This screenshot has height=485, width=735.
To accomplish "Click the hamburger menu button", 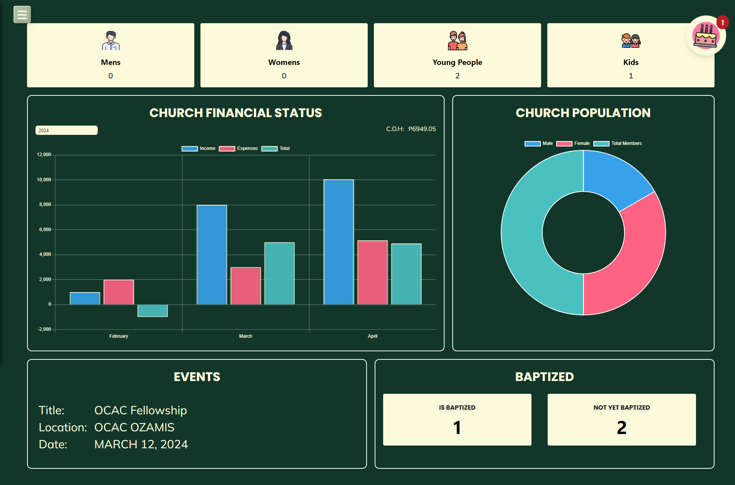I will [22, 15].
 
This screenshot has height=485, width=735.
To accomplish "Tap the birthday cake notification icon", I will [705, 36].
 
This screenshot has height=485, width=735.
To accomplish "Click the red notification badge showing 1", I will [722, 22].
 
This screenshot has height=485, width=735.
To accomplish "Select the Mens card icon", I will [111, 41].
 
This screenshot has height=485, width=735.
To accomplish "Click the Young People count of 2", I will [457, 76].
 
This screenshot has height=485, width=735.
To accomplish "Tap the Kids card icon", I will [631, 41].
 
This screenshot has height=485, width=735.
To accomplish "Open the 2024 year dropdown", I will [66, 130].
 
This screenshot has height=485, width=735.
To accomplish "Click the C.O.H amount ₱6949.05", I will [422, 129].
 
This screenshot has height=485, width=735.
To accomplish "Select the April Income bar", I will [339, 242].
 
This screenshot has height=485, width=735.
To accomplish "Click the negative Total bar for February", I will [153, 311].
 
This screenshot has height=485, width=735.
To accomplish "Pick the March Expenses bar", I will [246, 286].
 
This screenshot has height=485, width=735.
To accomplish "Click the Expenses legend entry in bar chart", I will [239, 148].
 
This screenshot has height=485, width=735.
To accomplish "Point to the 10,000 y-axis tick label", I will [44, 180].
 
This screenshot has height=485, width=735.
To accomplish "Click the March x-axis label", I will [246, 336].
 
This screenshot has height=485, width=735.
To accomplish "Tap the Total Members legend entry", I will [618, 143].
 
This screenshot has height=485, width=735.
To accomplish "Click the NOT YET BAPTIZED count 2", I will [621, 427].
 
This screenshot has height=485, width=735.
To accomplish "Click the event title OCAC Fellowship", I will [141, 410].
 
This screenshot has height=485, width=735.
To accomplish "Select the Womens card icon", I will [284, 41].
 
